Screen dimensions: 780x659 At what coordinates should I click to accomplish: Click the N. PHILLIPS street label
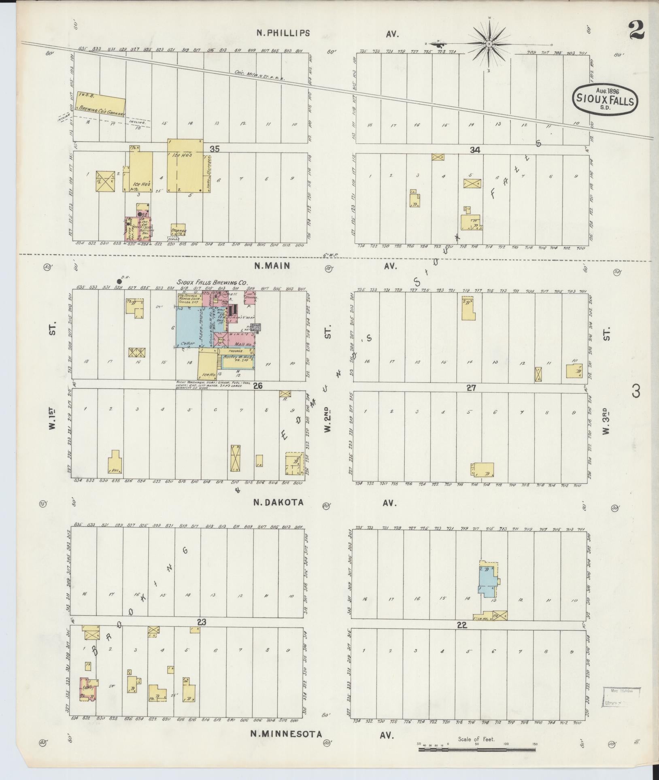pyautogui.click(x=283, y=33)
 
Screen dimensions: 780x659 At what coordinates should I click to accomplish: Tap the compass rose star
pyautogui.click(x=489, y=44)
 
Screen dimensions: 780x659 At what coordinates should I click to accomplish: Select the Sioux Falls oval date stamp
pyautogui.click(x=605, y=98)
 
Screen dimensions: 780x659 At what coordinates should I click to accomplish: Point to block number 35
pyautogui.click(x=215, y=149)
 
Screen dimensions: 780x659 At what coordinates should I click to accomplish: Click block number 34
pyautogui.click(x=475, y=150)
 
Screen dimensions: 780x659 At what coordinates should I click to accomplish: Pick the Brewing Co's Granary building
pyautogui.click(x=101, y=104)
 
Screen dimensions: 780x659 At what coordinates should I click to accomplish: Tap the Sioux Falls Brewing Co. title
pyautogui.click(x=212, y=283)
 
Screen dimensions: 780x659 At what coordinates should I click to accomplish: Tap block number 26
pyautogui.click(x=258, y=386)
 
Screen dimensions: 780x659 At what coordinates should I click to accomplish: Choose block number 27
pyautogui.click(x=471, y=387)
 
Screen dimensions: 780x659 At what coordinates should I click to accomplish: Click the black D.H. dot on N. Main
pyautogui.click(x=119, y=281)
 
